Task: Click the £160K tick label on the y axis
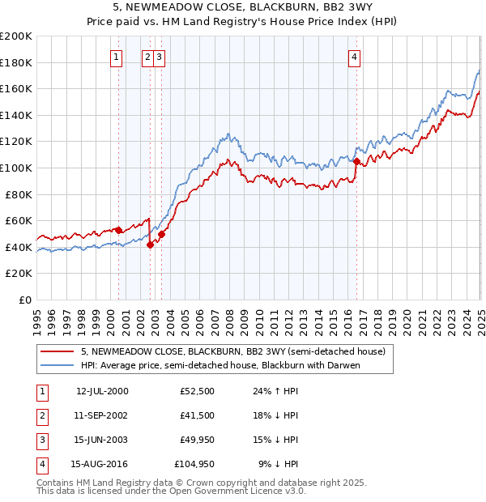pos(16,88)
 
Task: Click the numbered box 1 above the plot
pos(117,57)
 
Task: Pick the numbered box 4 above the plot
pos(356,57)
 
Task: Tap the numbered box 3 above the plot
pos(160,57)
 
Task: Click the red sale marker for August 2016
pos(356,161)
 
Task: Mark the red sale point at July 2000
pos(118,230)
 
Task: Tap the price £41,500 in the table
pos(198,415)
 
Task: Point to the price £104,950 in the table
pos(194,464)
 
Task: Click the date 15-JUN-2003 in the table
pos(102,440)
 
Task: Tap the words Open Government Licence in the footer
pos(243,491)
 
